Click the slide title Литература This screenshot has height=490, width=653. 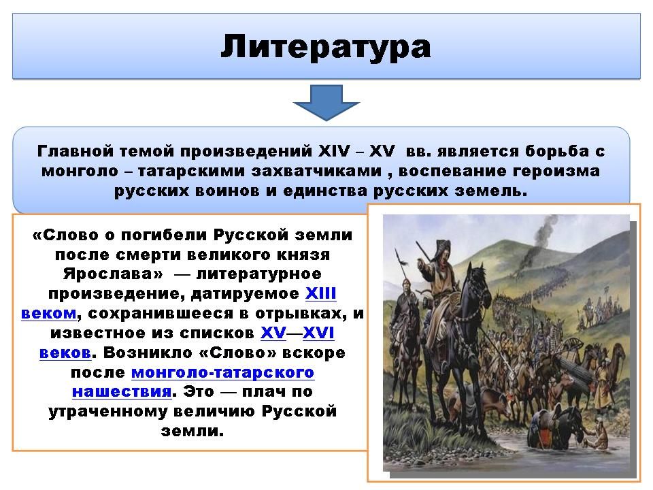tap(326, 47)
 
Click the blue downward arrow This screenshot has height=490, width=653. tap(326, 103)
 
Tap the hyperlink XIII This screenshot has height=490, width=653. tap(320, 293)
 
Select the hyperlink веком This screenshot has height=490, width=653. tap(49, 313)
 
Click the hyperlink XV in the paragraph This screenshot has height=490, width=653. tap(273, 333)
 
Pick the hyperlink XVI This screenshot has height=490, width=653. tap(318, 333)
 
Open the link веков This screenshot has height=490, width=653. tap(65, 353)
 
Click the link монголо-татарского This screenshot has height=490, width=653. tap(223, 372)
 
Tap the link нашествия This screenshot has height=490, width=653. tap(122, 392)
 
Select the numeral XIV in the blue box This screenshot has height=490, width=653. tap(334, 151)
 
